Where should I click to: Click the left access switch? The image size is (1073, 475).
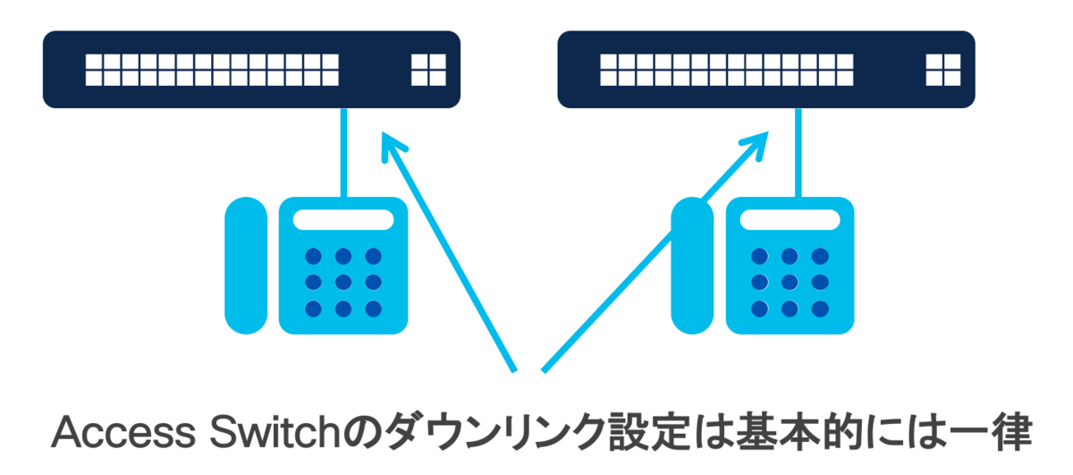click(x=251, y=69)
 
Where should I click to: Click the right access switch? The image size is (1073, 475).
click(x=765, y=69)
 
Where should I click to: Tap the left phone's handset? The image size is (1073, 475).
click(x=246, y=266)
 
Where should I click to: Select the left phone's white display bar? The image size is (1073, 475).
click(x=343, y=220)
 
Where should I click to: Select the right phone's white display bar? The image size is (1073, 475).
click(x=790, y=220)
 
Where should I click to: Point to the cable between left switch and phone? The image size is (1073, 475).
click(x=343, y=152)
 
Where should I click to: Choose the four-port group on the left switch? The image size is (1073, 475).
click(x=428, y=70)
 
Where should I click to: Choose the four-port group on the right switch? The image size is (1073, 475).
click(x=942, y=70)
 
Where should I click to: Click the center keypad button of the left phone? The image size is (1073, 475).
click(x=343, y=283)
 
